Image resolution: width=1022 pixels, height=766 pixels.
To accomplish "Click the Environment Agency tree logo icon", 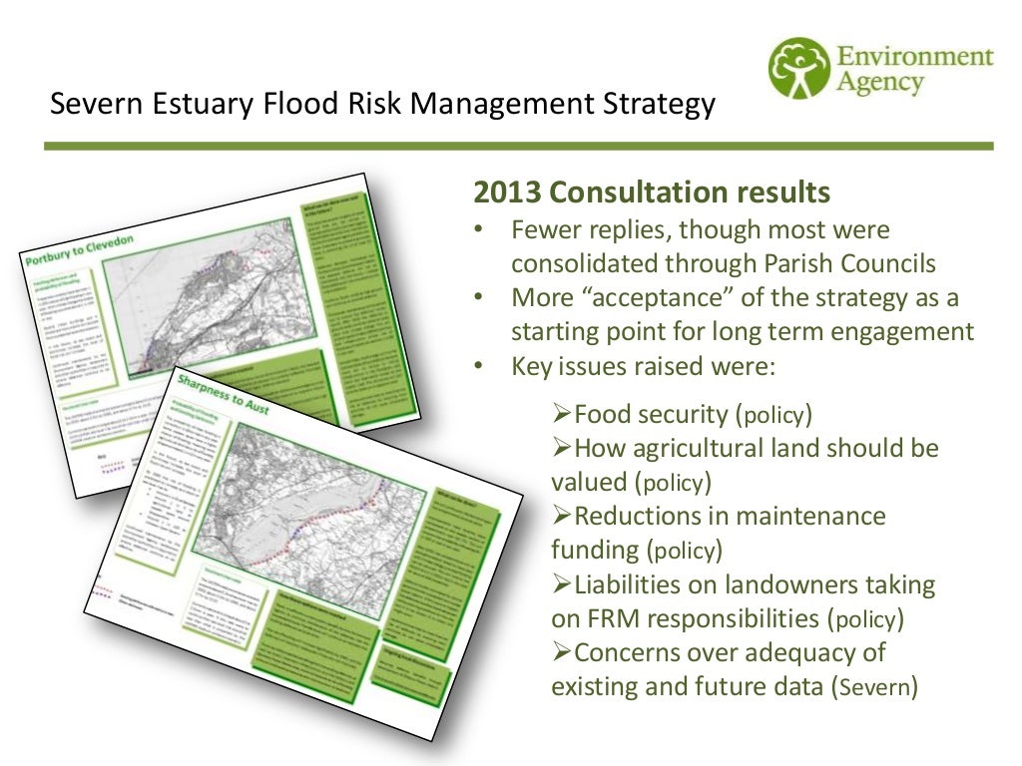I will (798, 69).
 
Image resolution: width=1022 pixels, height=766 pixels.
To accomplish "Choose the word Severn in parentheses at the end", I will (873, 687).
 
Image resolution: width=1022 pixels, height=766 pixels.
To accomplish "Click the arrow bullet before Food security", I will (561, 413).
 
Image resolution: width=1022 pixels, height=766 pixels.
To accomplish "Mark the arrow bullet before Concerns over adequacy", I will (561, 652).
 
